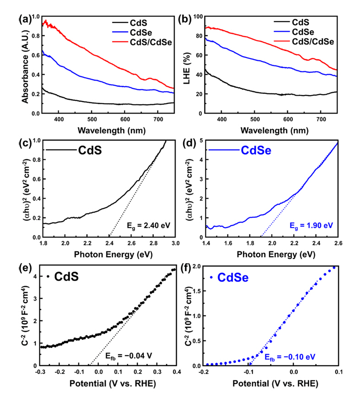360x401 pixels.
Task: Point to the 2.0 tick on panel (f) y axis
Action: pyautogui.click(x=197, y=266)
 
